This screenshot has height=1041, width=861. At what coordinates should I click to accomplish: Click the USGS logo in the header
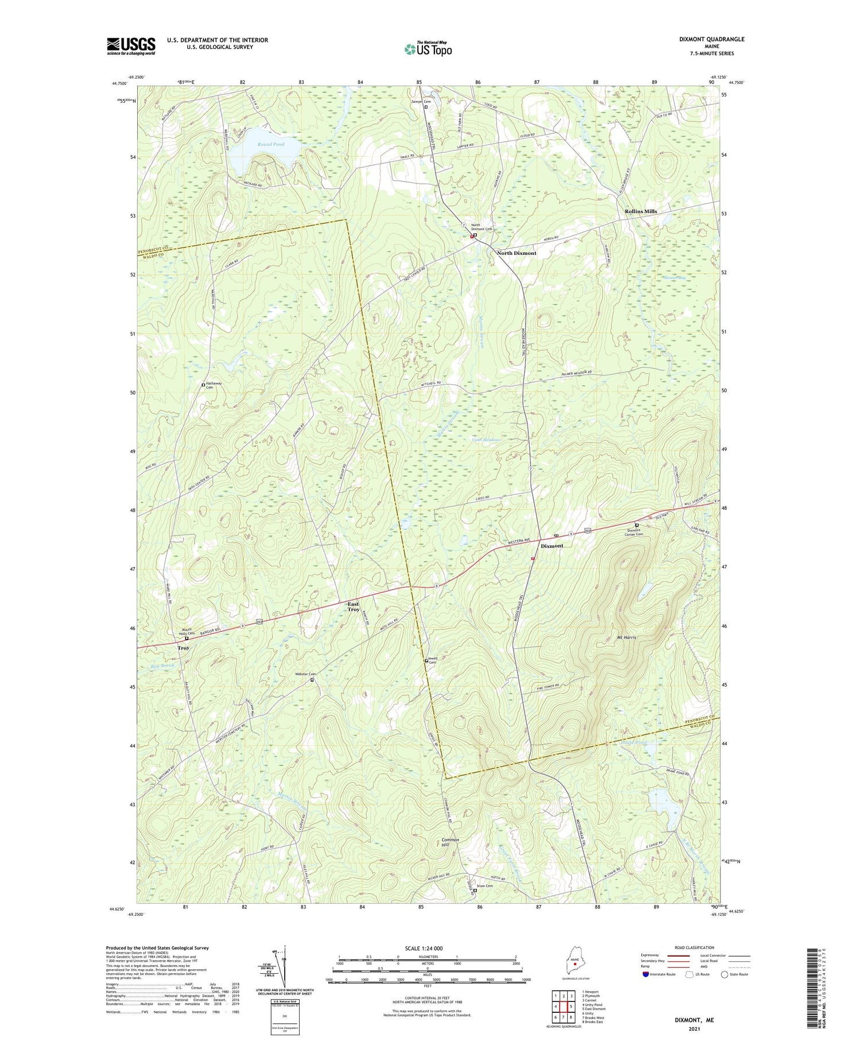tap(131, 46)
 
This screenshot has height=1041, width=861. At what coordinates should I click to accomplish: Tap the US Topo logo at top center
tap(428, 49)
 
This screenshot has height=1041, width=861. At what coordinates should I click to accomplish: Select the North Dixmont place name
tap(517, 253)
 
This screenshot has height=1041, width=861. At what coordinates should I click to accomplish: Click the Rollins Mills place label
tap(641, 211)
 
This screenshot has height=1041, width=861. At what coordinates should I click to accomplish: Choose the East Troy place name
tap(354, 606)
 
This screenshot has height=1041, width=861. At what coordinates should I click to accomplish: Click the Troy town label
tap(183, 648)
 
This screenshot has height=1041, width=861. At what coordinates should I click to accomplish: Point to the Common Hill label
tap(450, 842)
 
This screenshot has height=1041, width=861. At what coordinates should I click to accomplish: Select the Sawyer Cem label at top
tap(420, 102)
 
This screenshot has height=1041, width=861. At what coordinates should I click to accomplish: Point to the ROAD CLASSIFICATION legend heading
tap(695, 947)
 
